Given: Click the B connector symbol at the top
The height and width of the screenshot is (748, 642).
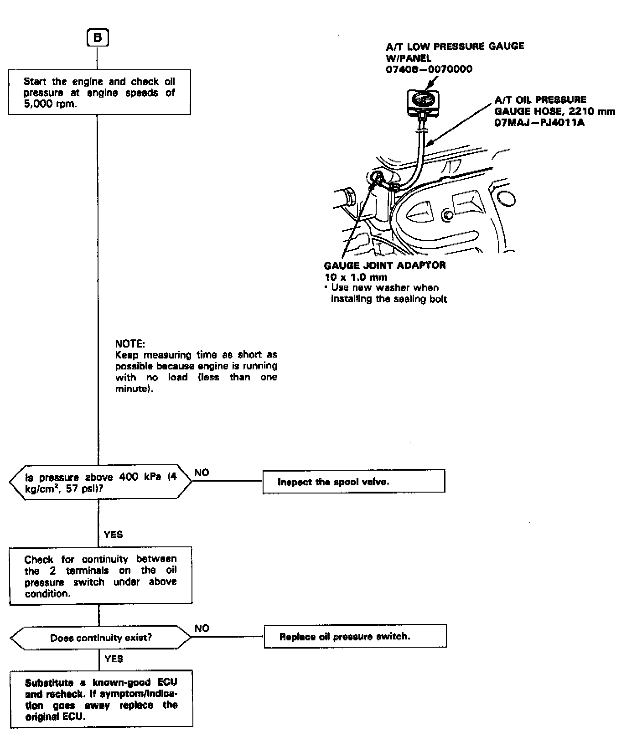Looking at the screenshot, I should pyautogui.click(x=98, y=38).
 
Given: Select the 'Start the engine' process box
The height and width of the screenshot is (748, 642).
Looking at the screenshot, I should pyautogui.click(x=99, y=92).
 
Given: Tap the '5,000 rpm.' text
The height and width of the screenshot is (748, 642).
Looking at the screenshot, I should pyautogui.click(x=50, y=104).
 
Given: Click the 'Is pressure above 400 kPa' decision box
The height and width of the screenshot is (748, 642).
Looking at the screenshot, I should pyautogui.click(x=100, y=482).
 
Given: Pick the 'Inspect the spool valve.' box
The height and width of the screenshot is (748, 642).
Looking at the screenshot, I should pyautogui.click(x=353, y=482).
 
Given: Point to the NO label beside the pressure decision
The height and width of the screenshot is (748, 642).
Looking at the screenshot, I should pyautogui.click(x=202, y=473).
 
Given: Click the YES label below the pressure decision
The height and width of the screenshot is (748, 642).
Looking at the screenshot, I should pyautogui.click(x=113, y=534).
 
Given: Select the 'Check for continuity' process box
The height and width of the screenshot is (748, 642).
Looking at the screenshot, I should pyautogui.click(x=100, y=576).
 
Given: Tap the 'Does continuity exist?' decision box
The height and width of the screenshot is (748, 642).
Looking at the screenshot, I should pyautogui.click(x=100, y=637).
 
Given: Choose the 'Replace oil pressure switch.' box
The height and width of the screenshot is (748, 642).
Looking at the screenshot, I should pyautogui.click(x=355, y=636).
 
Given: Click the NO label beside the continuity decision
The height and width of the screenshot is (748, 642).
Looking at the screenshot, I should pyautogui.click(x=202, y=628).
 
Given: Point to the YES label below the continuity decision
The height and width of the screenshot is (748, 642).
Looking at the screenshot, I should pyautogui.click(x=114, y=659).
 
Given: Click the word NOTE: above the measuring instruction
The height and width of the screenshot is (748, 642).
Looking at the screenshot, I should pyautogui.click(x=130, y=343).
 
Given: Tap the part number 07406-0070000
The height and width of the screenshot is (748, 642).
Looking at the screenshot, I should pyautogui.click(x=429, y=69).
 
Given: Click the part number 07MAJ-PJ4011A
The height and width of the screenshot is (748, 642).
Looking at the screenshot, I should pyautogui.click(x=539, y=123).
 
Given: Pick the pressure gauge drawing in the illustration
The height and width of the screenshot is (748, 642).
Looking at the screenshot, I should pyautogui.click(x=424, y=101).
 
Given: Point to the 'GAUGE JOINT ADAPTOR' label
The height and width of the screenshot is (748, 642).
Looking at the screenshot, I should pyautogui.click(x=385, y=265).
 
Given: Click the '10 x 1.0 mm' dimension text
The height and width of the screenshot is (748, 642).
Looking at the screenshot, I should pyautogui.click(x=356, y=277).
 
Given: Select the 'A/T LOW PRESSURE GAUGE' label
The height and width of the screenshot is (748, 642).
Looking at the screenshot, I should pyautogui.click(x=455, y=46).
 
